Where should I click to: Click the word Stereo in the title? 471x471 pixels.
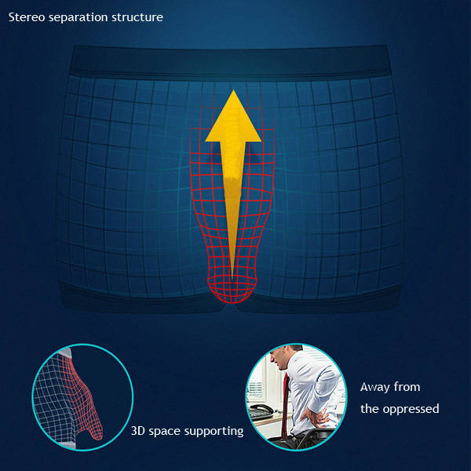coord(27,17)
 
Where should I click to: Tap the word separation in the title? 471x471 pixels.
coord(78,18)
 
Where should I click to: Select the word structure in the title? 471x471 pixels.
coord(137,17)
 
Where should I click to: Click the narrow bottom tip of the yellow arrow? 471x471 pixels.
coord(232,278)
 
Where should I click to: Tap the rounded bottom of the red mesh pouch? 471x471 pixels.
coord(232,290)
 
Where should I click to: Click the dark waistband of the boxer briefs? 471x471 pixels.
coord(231,61)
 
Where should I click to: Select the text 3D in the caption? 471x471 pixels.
coord(138,431)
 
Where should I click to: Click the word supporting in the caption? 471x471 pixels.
coord(214,432)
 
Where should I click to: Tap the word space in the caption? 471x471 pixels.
coord(164,432)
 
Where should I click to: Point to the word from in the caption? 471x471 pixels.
coord(407,386)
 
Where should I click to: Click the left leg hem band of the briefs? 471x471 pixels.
coord(141,298)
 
